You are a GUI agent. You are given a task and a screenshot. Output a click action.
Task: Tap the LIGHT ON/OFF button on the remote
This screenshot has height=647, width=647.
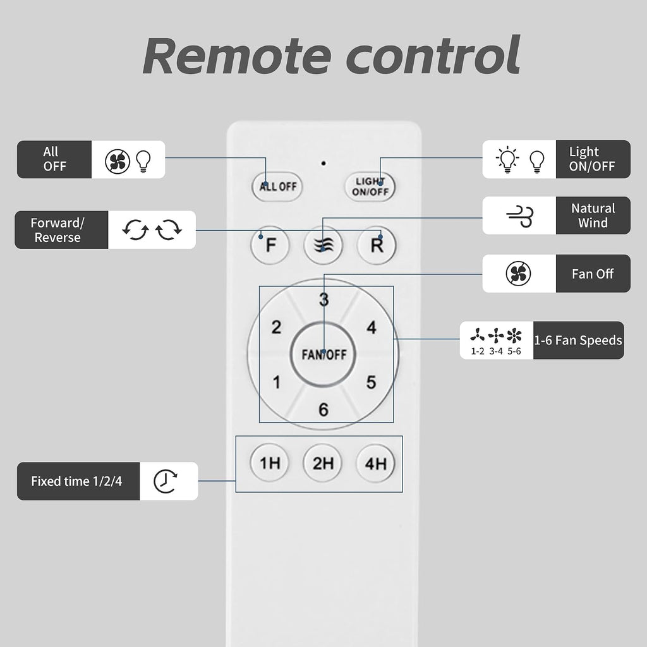pos(370,186)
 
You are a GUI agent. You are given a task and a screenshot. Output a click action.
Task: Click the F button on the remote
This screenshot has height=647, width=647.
pos(270,245)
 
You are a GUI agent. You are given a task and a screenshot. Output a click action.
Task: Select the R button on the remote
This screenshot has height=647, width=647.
pos(377,245)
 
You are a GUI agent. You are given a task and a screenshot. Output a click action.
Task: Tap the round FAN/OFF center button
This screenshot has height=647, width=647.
pos(323,354)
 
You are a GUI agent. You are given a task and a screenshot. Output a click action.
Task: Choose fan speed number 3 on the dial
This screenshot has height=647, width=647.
pos(324,299)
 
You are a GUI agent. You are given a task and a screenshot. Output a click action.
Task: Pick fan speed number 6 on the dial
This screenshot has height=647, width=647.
pos(323,409)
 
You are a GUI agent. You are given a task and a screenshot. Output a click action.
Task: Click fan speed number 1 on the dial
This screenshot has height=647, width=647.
pos(277,382)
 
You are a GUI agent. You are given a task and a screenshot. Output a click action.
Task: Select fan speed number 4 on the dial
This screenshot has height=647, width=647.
pos(372,328)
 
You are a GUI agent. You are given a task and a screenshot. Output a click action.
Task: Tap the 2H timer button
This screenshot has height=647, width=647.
pos(323,463)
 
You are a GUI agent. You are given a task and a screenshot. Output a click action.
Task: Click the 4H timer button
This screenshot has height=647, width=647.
pos(375,463)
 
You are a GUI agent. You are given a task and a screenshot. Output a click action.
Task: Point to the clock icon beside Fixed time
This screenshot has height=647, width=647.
pos(166,481)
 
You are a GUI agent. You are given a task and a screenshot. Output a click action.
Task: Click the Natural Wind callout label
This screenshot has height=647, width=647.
pos(593,215)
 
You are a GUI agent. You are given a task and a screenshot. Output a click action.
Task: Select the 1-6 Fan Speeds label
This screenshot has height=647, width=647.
pos(578,340)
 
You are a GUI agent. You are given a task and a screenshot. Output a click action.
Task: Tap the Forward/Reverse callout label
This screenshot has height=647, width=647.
pos(57,230)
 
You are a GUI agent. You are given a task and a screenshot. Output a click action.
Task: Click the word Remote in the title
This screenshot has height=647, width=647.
pos(238,56)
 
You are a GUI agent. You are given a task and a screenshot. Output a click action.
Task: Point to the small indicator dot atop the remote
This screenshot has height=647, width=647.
pos(323,164)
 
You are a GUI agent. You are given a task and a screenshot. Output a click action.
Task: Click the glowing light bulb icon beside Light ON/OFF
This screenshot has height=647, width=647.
pos(507,159)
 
